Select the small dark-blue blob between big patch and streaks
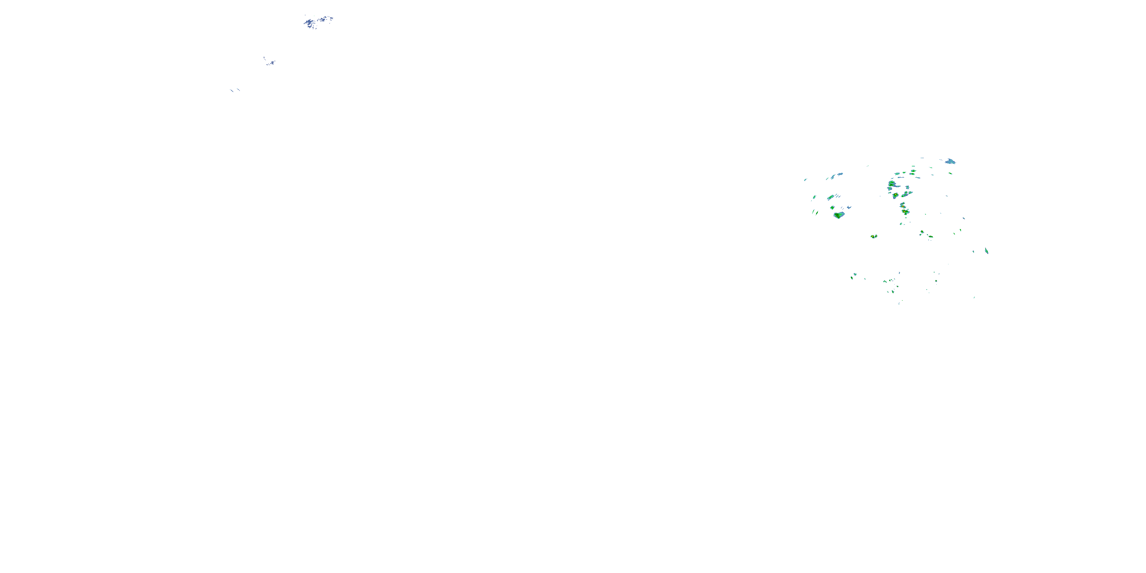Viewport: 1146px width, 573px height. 270,62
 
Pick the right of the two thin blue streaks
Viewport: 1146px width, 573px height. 238,89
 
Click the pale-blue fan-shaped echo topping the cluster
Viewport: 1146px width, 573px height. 950,161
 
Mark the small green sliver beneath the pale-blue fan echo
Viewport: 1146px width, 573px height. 950,173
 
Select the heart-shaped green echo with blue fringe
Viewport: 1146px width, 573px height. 839,215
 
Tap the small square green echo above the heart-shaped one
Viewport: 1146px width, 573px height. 832,207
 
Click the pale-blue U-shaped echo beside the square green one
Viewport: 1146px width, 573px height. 849,207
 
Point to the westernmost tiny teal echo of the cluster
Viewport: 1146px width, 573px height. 805,180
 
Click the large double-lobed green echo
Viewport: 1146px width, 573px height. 892,184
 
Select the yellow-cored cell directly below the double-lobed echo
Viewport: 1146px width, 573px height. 895,195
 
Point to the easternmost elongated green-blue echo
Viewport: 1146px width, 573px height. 986,251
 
